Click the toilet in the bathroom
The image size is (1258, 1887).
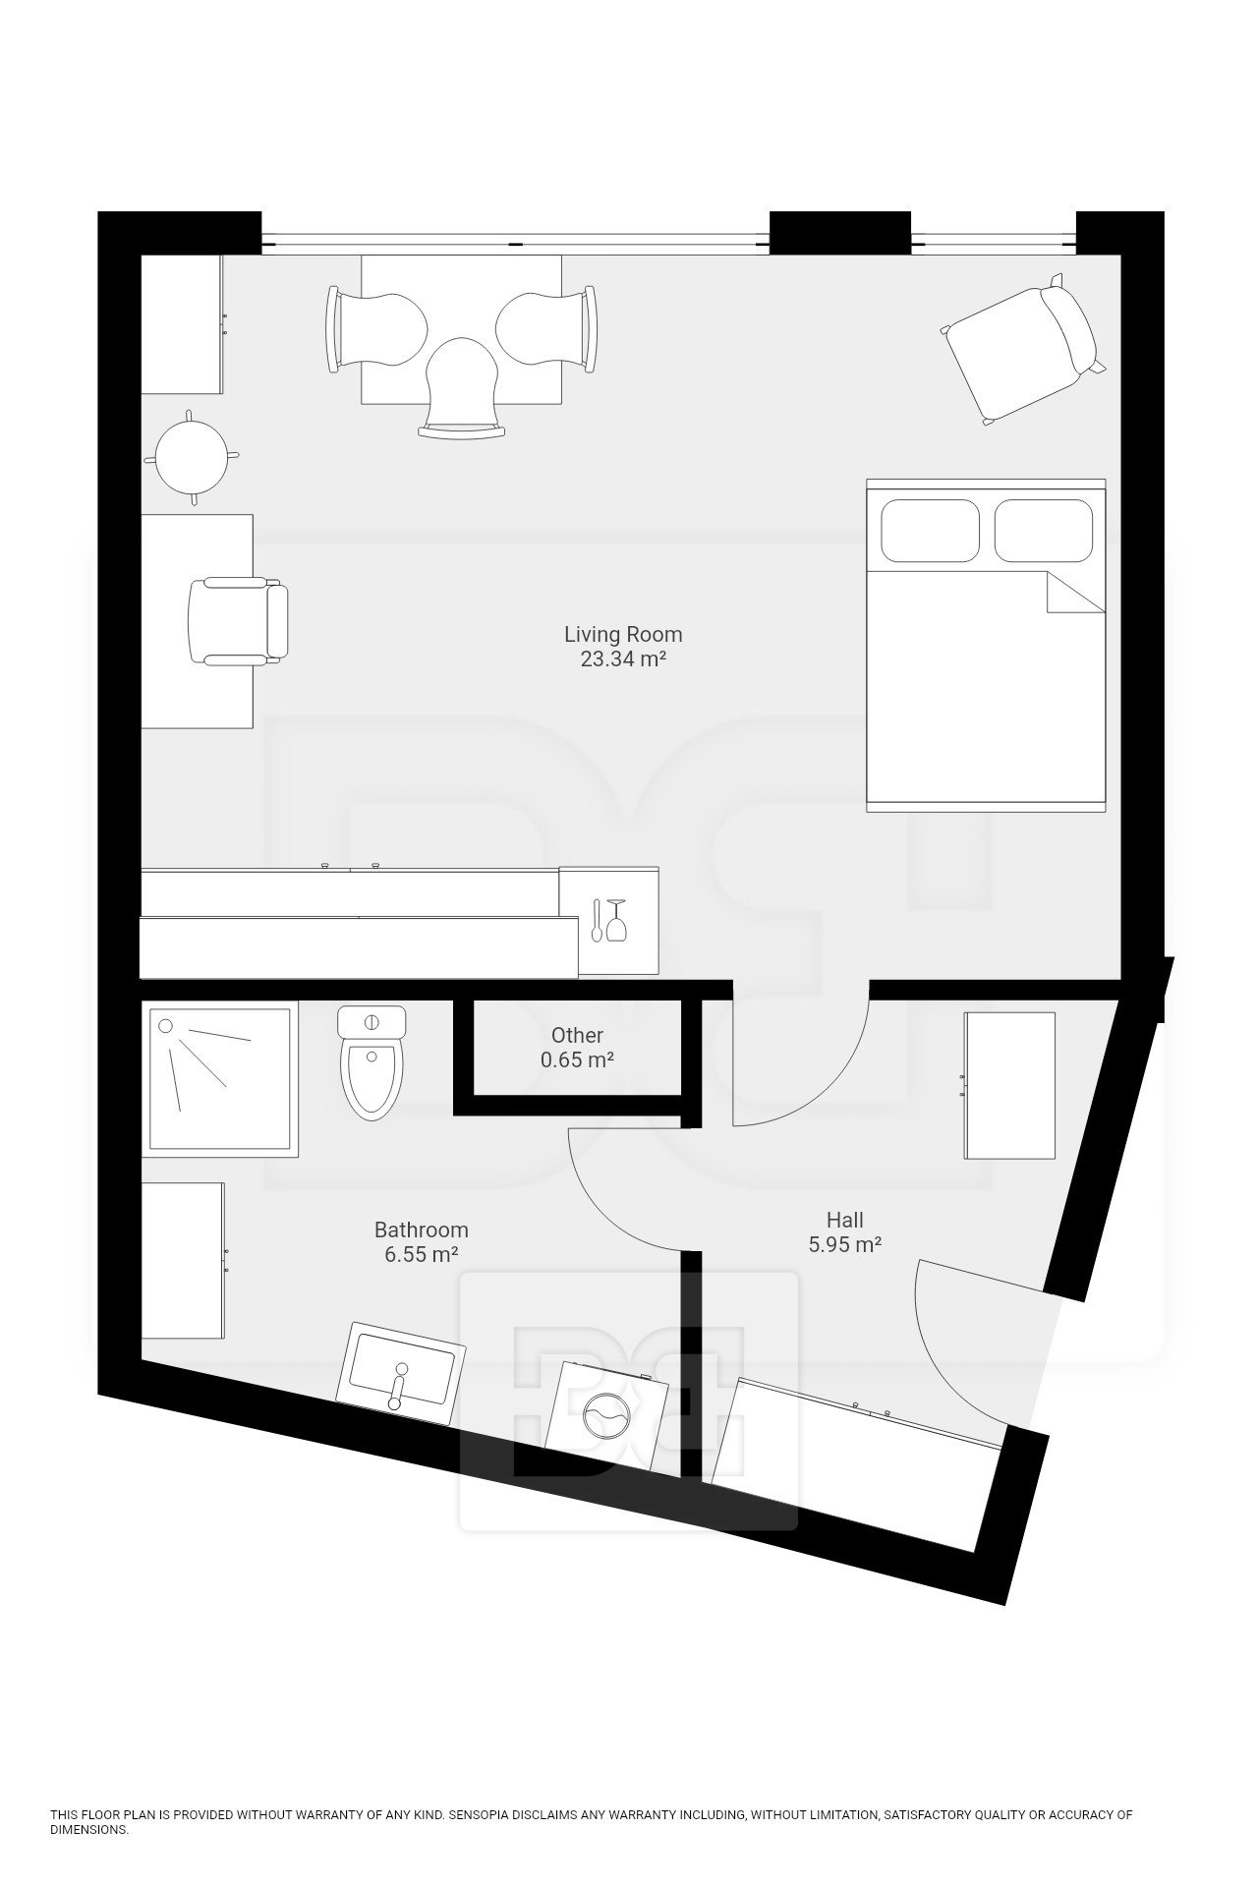pos(372,1063)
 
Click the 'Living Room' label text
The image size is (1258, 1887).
pos(623,634)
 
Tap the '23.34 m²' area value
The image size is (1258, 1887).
pos(623,659)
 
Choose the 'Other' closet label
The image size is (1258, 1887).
pos(577,1035)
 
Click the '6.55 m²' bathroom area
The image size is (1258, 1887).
pos(422,1255)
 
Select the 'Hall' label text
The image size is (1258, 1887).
pos(844,1220)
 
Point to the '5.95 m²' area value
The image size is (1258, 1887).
pos(844,1245)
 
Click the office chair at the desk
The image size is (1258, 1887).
pos(238,620)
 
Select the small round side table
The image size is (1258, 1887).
pos(192,456)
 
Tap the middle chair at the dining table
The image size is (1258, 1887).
pos(463,387)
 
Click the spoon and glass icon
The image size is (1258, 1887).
pos(607,920)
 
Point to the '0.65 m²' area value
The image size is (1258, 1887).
pos(577,1060)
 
